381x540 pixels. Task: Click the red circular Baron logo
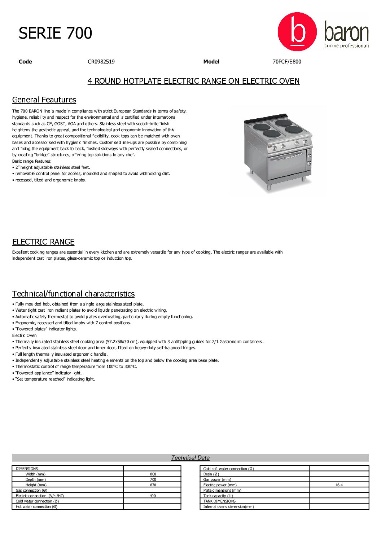(297, 32)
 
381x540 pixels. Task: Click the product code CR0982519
(101, 62)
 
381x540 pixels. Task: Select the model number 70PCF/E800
(286, 62)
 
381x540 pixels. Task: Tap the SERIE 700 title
(55, 33)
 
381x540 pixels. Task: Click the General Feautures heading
(44, 100)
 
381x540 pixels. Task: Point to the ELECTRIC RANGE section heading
(43, 242)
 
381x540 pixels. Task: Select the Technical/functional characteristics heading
(73, 294)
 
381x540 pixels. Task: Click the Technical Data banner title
(190, 458)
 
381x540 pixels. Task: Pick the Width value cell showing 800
(153, 474)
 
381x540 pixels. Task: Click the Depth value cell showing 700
(153, 480)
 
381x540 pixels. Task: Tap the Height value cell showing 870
(153, 485)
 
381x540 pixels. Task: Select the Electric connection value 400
(153, 496)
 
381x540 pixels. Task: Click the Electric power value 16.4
(339, 485)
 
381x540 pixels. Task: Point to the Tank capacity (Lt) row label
(218, 496)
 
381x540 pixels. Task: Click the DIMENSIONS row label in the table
(27, 469)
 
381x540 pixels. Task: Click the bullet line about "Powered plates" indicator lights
(46, 329)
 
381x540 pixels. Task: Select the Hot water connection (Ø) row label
(36, 507)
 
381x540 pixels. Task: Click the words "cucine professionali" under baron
(346, 46)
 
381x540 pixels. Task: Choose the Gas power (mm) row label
(217, 480)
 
